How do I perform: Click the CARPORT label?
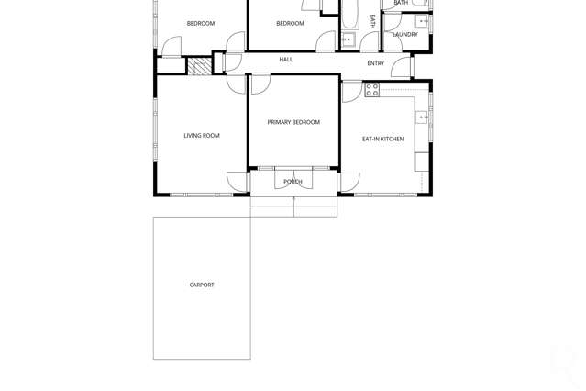click(x=202, y=285)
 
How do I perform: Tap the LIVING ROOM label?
click(x=202, y=136)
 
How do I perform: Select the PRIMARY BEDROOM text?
click(x=293, y=122)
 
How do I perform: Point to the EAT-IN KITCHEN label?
click(x=382, y=140)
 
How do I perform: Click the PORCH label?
click(x=293, y=182)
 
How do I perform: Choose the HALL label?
click(x=286, y=60)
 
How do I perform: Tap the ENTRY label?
click(x=376, y=63)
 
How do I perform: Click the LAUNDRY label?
click(x=405, y=35)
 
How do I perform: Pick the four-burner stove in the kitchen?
click(x=372, y=90)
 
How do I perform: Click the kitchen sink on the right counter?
click(x=422, y=117)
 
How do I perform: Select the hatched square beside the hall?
click(x=199, y=66)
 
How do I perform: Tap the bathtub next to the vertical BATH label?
click(x=349, y=13)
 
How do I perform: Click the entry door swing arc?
click(x=401, y=68)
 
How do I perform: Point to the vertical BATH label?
click(x=373, y=21)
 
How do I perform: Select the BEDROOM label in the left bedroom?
click(x=201, y=24)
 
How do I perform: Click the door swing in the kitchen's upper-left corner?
click(x=351, y=91)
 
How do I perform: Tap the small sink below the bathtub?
click(x=348, y=40)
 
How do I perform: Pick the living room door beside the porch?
click(x=238, y=182)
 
